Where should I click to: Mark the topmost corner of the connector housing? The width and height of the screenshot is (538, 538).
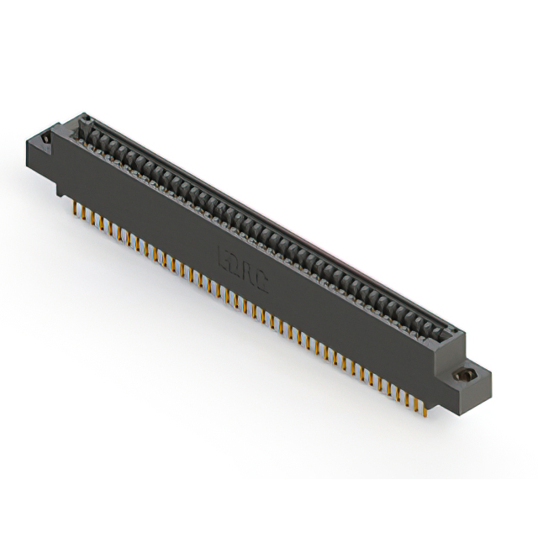click(x=87, y=115)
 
